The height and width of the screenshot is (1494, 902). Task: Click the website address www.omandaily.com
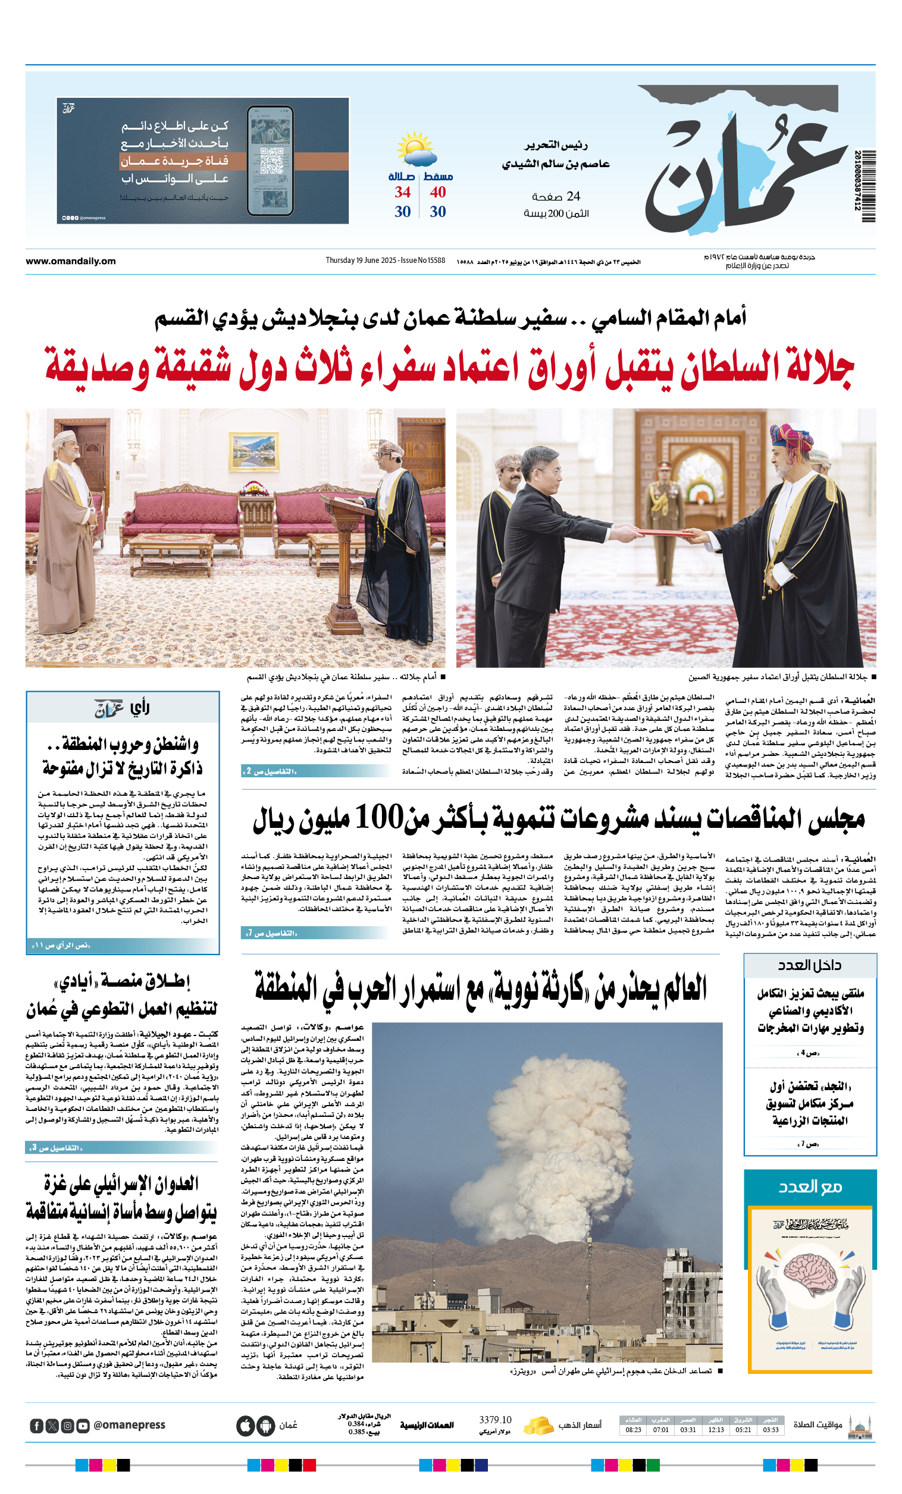70,260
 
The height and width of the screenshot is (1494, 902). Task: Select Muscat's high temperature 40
437,192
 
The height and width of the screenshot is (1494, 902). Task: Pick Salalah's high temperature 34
402,192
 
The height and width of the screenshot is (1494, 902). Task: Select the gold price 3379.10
494,1420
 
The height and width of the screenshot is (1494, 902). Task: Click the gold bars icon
537,1425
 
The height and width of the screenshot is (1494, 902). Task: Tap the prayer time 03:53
771,1430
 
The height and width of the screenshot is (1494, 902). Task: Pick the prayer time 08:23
632,1430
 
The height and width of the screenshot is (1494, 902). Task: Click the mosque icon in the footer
860,1427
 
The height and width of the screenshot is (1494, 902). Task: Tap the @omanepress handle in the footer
129,1425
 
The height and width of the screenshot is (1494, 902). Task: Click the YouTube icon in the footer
83,1426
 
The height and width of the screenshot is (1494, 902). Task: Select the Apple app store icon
245,1426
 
